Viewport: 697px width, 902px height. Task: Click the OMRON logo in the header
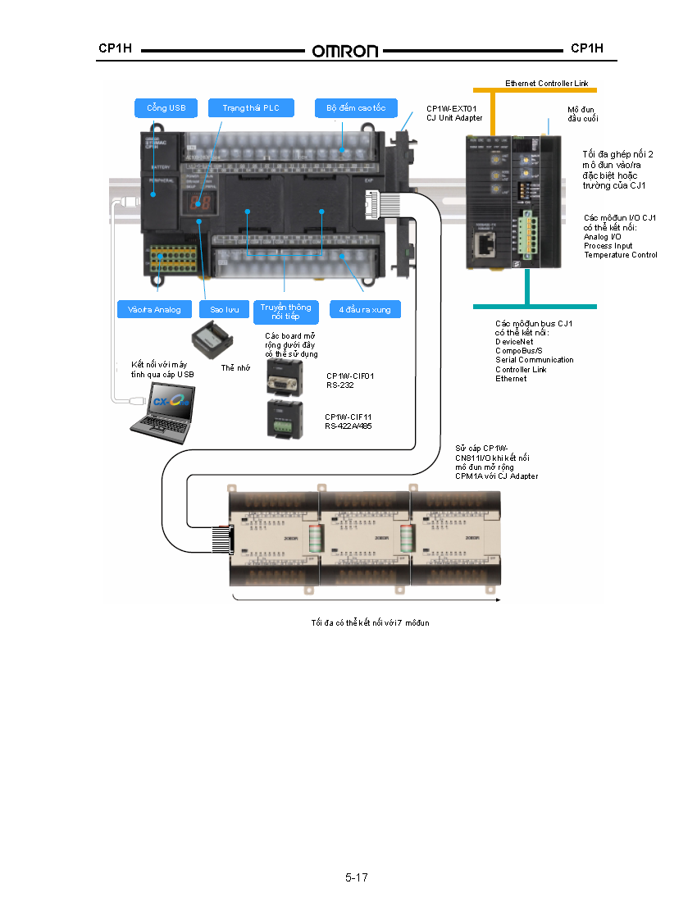[344, 51]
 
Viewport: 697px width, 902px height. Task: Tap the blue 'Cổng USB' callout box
[166, 108]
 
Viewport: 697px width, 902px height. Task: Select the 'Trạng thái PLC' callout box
[251, 108]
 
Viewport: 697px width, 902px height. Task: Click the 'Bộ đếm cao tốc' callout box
[356, 108]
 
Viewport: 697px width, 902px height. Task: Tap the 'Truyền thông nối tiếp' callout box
[285, 311]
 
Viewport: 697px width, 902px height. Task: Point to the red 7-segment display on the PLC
[198, 203]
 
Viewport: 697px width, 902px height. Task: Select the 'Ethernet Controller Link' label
[546, 84]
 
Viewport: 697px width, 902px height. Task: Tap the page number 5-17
[356, 877]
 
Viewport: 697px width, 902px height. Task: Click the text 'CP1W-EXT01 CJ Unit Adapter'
[454, 113]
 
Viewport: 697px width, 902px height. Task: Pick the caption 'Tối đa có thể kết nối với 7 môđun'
[370, 623]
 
